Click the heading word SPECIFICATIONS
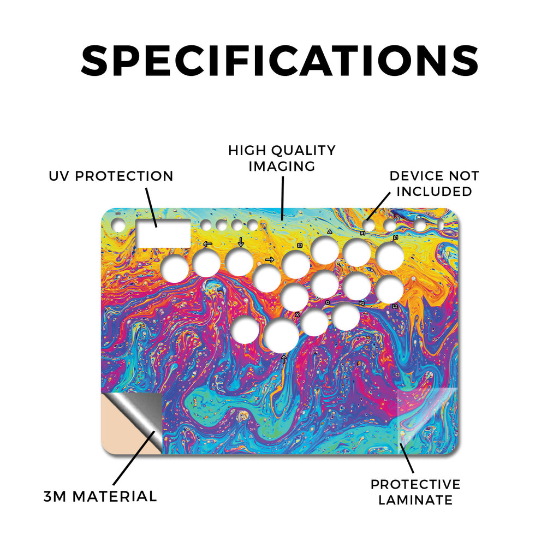279,60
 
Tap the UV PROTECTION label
111,176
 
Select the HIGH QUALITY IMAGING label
282,158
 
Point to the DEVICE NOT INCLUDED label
434,183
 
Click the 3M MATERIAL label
100,496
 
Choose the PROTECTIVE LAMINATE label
415,492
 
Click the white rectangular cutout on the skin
163,233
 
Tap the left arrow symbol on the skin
207,244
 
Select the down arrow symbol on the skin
241,242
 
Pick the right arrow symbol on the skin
270,259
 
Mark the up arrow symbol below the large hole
284,359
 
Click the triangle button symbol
329,231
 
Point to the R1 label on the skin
362,233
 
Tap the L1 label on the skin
395,237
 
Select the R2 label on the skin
361,304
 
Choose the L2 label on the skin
395,306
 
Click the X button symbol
298,315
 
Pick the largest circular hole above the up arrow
281,335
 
